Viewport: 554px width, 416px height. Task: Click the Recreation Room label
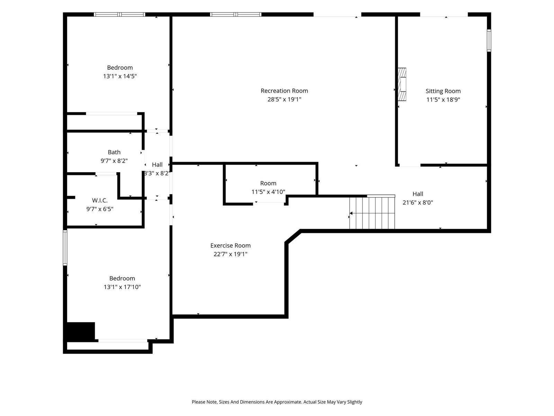pyautogui.click(x=284, y=91)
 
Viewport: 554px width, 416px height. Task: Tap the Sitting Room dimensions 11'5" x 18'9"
pyautogui.click(x=443, y=99)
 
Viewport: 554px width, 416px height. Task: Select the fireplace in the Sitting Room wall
pyautogui.click(x=402, y=84)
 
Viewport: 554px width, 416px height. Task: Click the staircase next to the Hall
pyautogui.click(x=372, y=213)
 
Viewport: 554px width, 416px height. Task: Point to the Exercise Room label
pyautogui.click(x=230, y=245)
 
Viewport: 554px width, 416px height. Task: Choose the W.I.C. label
pyautogui.click(x=100, y=200)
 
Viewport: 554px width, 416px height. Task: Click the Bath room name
pyautogui.click(x=114, y=152)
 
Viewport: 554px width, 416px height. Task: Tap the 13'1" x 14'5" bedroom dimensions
pyautogui.click(x=120, y=76)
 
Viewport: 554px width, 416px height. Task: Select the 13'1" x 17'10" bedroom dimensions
pyautogui.click(x=122, y=287)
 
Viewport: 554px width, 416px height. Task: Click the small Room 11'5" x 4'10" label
pyautogui.click(x=268, y=188)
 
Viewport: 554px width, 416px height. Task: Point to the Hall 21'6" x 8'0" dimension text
pyautogui.click(x=418, y=202)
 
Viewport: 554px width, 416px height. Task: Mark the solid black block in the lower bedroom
pyautogui.click(x=81, y=331)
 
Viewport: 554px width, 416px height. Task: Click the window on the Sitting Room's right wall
pyautogui.click(x=489, y=41)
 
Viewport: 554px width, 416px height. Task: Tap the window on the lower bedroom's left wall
pyautogui.click(x=65, y=248)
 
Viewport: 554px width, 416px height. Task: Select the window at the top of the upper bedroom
pyautogui.click(x=120, y=15)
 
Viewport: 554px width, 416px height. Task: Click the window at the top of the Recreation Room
pyautogui.click(x=235, y=15)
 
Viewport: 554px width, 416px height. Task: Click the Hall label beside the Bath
pyautogui.click(x=157, y=165)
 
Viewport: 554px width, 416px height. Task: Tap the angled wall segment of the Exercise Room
pyautogui.click(x=293, y=236)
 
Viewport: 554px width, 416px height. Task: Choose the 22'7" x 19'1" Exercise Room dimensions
pyautogui.click(x=230, y=254)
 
